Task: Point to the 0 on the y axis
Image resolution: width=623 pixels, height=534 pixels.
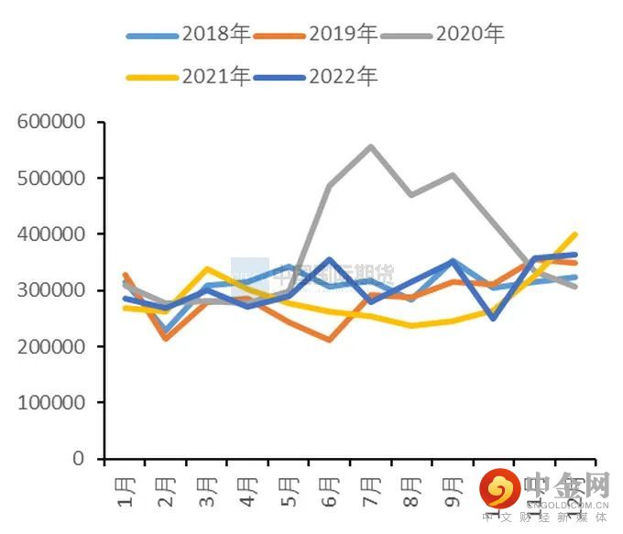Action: point(82,459)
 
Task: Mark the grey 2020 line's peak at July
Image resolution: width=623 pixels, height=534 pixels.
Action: point(370,147)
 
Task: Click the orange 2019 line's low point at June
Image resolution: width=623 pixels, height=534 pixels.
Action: point(329,340)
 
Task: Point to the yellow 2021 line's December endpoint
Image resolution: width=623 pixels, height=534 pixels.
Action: point(574,234)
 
